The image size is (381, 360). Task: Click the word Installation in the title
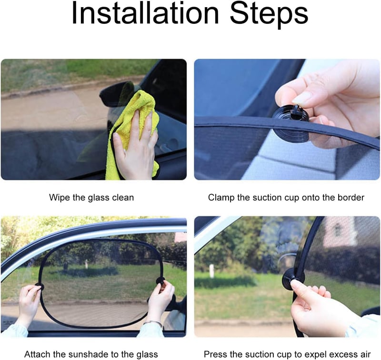(x=145, y=13)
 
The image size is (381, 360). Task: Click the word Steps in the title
(x=269, y=15)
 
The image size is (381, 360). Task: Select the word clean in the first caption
(x=123, y=197)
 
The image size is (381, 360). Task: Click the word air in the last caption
(x=365, y=354)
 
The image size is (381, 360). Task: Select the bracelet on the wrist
(x=153, y=322)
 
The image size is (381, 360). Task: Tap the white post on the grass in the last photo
(x=212, y=270)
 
